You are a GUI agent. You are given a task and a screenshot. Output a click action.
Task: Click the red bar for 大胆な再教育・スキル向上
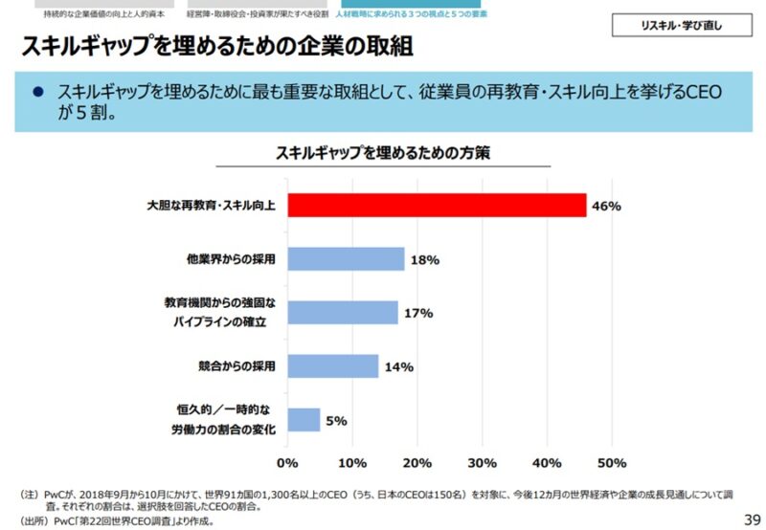(437, 206)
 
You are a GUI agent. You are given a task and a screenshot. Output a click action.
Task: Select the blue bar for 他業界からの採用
(346, 259)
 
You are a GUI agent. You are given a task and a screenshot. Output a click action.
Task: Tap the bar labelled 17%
(343, 313)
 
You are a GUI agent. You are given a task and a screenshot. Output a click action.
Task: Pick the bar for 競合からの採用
(333, 366)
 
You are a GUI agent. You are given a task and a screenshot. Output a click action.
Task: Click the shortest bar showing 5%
(304, 420)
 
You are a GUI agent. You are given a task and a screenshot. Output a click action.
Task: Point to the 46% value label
(607, 206)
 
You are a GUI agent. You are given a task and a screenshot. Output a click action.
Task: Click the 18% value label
(424, 259)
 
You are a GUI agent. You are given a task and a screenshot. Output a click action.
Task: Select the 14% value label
(398, 366)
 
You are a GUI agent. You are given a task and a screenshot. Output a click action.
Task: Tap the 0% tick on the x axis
(287, 463)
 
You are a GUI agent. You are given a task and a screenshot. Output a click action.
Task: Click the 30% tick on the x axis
(482, 463)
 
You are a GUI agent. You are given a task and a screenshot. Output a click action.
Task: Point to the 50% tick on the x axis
(612, 463)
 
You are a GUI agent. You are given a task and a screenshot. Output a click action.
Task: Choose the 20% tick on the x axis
(417, 463)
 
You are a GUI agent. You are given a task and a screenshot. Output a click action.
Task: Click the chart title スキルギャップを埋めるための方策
(383, 153)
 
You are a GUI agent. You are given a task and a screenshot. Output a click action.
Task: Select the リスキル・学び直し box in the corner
(681, 27)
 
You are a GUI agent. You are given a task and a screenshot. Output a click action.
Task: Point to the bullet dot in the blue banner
(38, 92)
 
